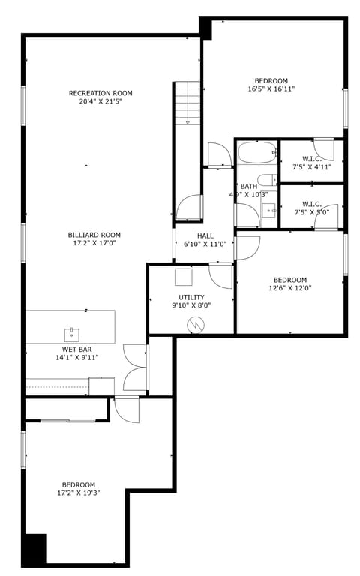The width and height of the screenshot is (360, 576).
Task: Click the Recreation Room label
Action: pyautogui.click(x=100, y=93)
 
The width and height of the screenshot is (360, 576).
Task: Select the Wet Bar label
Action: pyautogui.click(x=76, y=349)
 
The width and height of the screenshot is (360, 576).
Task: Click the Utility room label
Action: pyautogui.click(x=191, y=298)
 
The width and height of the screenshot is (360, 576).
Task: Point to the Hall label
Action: pyautogui.click(x=205, y=235)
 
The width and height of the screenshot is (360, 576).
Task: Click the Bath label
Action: pyautogui.click(x=248, y=186)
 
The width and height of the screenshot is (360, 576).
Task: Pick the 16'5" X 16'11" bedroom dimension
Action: pyautogui.click(x=271, y=88)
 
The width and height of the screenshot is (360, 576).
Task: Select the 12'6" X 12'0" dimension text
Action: pyautogui.click(x=289, y=287)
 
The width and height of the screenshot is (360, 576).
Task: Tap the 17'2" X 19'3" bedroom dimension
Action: pyautogui.click(x=78, y=493)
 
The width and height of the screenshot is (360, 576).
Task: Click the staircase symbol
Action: pyautogui.click(x=187, y=103)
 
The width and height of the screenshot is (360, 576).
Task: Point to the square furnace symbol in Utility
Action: pyautogui.click(x=184, y=277)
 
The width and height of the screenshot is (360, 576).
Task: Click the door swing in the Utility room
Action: pyautogui.click(x=222, y=275)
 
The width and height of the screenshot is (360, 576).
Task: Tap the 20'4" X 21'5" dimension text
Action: pyautogui.click(x=100, y=101)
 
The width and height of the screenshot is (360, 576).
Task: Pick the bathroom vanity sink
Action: pyautogui.click(x=268, y=212)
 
